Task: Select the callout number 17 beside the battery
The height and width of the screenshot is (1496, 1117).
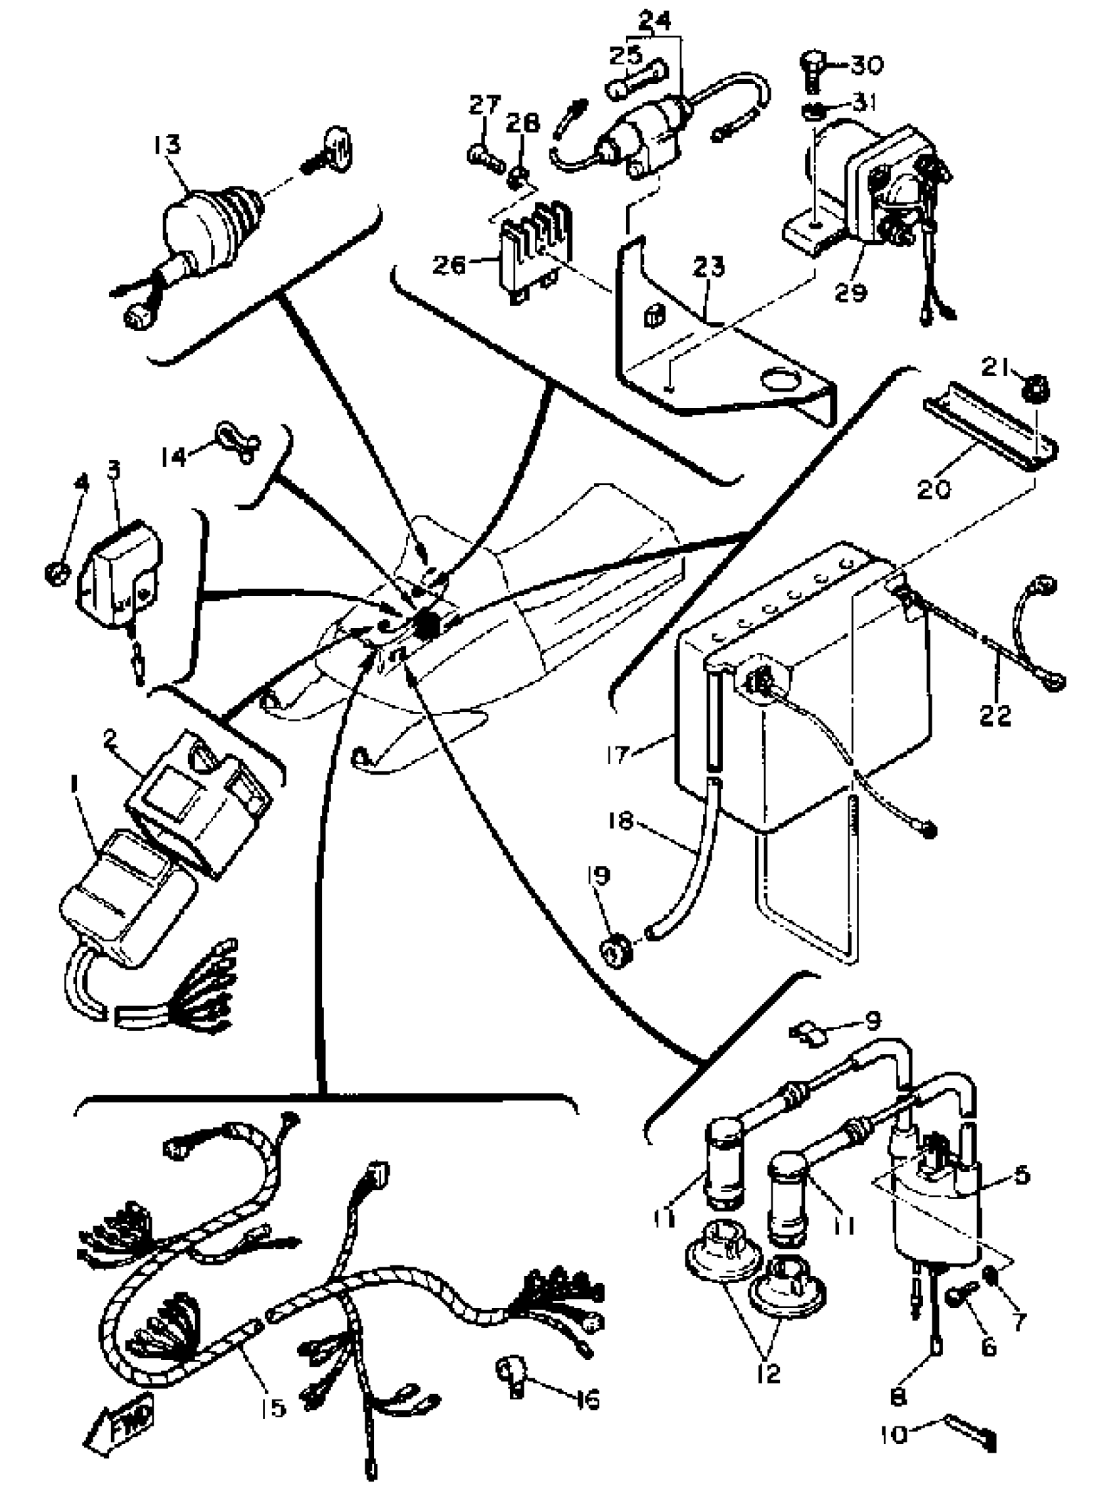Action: (x=618, y=754)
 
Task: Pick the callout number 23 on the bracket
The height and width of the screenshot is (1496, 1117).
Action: (x=709, y=266)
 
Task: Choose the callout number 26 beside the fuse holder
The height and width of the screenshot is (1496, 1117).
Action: (x=449, y=265)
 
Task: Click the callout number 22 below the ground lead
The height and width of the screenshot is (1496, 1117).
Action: (x=996, y=715)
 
